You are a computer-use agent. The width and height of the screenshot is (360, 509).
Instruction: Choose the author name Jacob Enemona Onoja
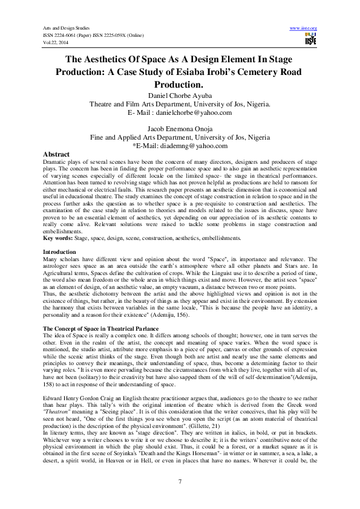click(x=180, y=129)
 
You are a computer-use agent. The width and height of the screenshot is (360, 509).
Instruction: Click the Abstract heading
click(x=57, y=155)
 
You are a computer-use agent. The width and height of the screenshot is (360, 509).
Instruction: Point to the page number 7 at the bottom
click(x=180, y=481)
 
